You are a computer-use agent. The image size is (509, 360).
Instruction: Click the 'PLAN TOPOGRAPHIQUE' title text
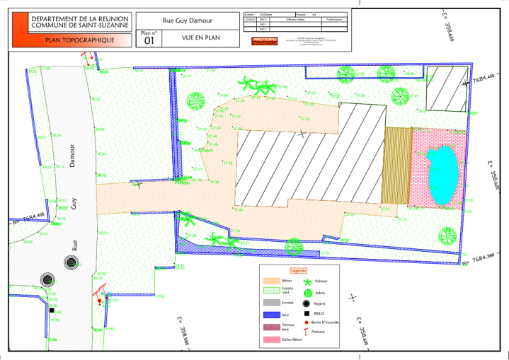click(x=79, y=40)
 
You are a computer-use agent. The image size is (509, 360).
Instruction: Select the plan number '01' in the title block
click(x=149, y=41)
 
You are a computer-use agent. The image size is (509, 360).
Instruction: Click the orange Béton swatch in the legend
click(x=272, y=281)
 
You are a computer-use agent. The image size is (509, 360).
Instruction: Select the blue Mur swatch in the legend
click(x=272, y=315)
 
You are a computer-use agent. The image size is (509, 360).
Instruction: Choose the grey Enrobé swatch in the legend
click(x=272, y=302)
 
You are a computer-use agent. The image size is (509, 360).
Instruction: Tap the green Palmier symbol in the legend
click(x=308, y=281)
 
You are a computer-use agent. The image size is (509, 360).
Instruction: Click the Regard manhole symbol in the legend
click(x=308, y=303)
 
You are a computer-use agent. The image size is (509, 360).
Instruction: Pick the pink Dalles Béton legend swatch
click(x=272, y=340)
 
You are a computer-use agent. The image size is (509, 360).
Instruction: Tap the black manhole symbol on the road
click(x=71, y=263)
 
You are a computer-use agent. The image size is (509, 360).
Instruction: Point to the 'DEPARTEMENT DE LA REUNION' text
click(x=79, y=17)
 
